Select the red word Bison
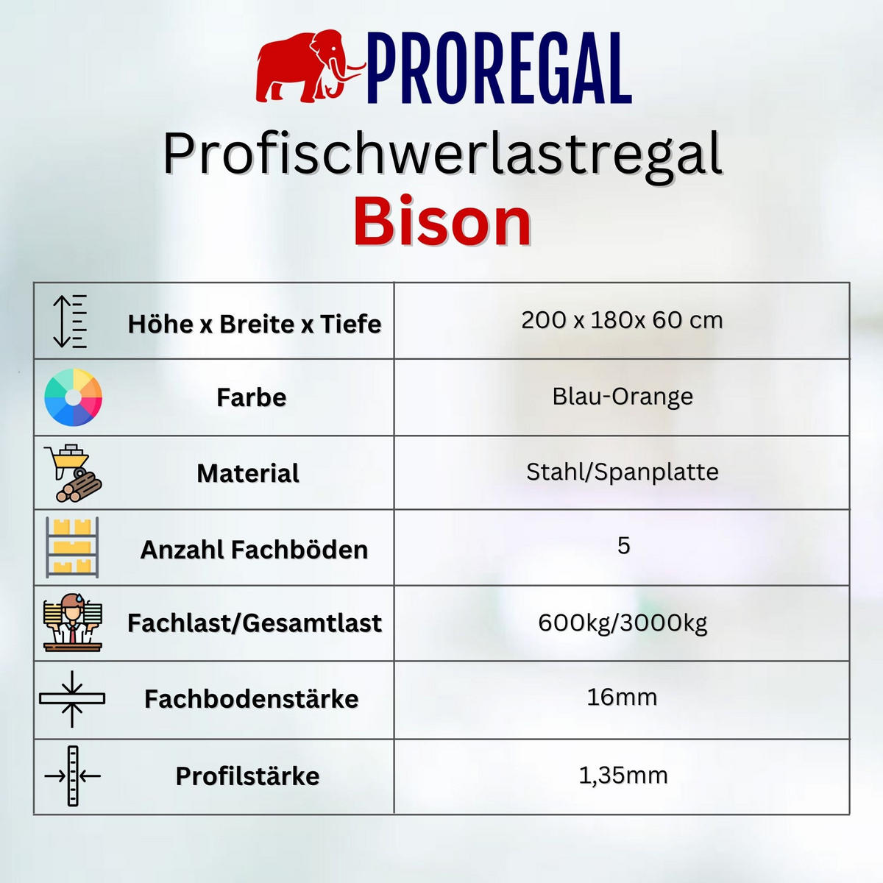coord(442,222)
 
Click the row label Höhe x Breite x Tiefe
coord(255,324)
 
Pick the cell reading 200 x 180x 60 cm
coord(622,320)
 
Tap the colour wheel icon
coord(73,397)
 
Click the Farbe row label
coord(252,397)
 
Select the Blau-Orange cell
coord(623,397)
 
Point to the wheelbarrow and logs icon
coord(72,473)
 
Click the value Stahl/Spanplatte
coord(623,472)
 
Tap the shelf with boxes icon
coord(72,548)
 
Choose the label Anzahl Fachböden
coord(255,550)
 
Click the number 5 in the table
coord(623,546)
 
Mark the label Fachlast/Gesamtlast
coord(255,623)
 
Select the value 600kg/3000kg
coord(623,623)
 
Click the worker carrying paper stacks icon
coord(72,623)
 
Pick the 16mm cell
coord(622,697)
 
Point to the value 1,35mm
coord(623,775)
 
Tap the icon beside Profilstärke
coord(72,776)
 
